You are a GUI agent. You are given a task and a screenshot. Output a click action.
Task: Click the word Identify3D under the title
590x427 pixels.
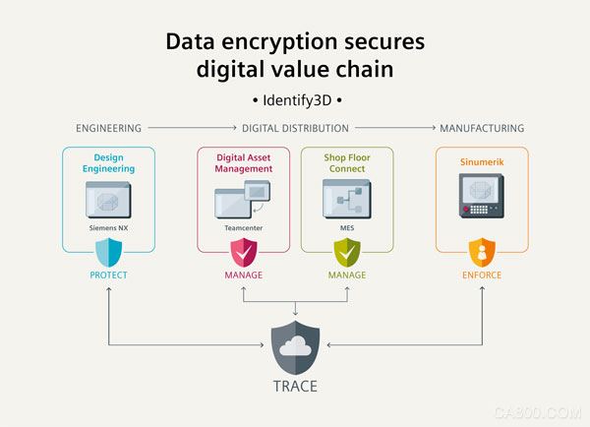pos(297,100)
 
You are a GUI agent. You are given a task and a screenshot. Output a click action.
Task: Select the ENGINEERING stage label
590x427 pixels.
pos(109,129)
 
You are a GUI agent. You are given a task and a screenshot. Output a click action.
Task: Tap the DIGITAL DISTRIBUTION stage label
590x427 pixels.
pos(295,129)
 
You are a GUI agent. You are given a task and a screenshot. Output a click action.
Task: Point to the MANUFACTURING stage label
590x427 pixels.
pos(482,129)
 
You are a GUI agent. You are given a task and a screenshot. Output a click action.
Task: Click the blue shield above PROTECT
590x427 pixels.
pos(109,252)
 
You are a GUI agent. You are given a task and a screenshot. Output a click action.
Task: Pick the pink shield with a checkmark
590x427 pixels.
pos(244,252)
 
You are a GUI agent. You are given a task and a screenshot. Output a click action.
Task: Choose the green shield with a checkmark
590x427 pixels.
pos(347,252)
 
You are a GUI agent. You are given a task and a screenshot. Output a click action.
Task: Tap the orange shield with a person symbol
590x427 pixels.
pos(482,252)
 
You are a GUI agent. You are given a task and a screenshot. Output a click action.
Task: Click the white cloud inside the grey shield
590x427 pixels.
pos(295,346)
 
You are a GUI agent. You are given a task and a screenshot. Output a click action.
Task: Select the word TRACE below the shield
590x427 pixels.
pos(295,387)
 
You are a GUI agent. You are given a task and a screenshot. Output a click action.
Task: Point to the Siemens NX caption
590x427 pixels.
pos(109,228)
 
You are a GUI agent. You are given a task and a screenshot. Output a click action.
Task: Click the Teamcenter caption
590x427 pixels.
pos(244,228)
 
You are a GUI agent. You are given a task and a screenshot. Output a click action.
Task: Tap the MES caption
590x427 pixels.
pos(347,228)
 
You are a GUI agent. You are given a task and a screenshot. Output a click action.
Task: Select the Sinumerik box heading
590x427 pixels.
pos(482,162)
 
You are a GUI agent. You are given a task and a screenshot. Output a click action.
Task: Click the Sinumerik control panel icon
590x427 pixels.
pos(482,196)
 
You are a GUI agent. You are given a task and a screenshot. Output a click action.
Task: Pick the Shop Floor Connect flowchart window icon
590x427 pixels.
pos(347,199)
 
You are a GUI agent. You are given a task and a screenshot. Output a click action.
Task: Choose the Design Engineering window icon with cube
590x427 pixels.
pos(109,200)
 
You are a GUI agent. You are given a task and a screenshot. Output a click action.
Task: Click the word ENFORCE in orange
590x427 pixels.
pos(482,275)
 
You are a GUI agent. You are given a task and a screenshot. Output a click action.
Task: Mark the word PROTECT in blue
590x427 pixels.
pos(109,275)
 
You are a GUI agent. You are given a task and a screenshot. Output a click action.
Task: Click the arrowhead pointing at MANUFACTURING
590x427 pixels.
pos(434,128)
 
